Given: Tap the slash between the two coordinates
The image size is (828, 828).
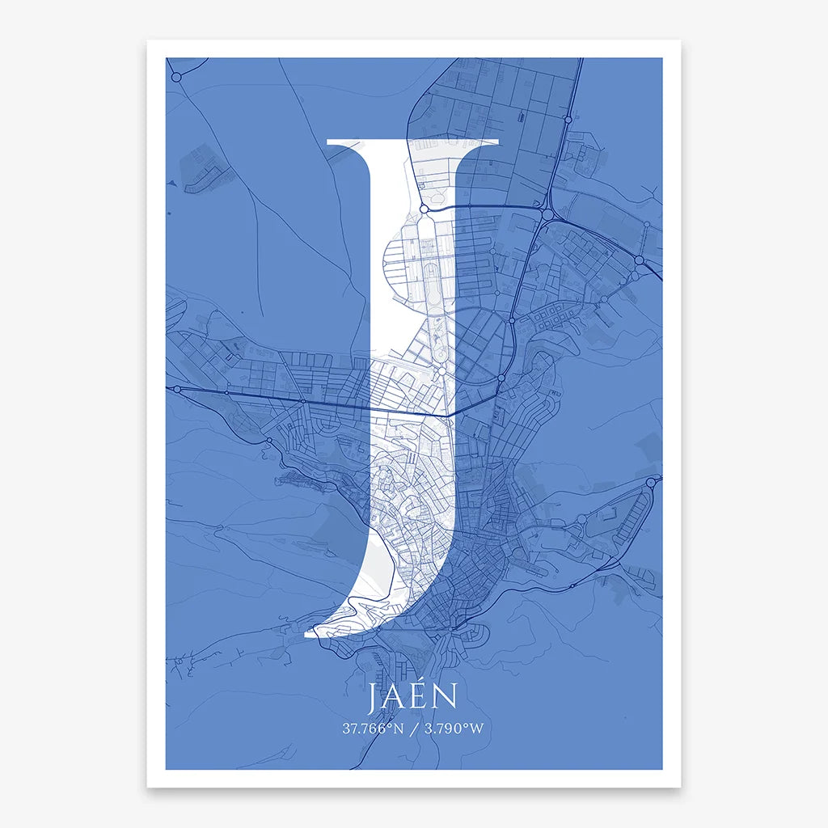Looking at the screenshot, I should (x=414, y=729).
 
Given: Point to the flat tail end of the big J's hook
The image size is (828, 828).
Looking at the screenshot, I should (x=306, y=634).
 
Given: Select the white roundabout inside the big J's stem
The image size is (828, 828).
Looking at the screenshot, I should (x=423, y=209).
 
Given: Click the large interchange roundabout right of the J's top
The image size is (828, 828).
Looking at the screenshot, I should (x=547, y=215).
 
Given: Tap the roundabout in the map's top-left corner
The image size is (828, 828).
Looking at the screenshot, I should (x=177, y=75).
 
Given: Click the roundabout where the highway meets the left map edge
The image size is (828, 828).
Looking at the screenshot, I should (x=175, y=389).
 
